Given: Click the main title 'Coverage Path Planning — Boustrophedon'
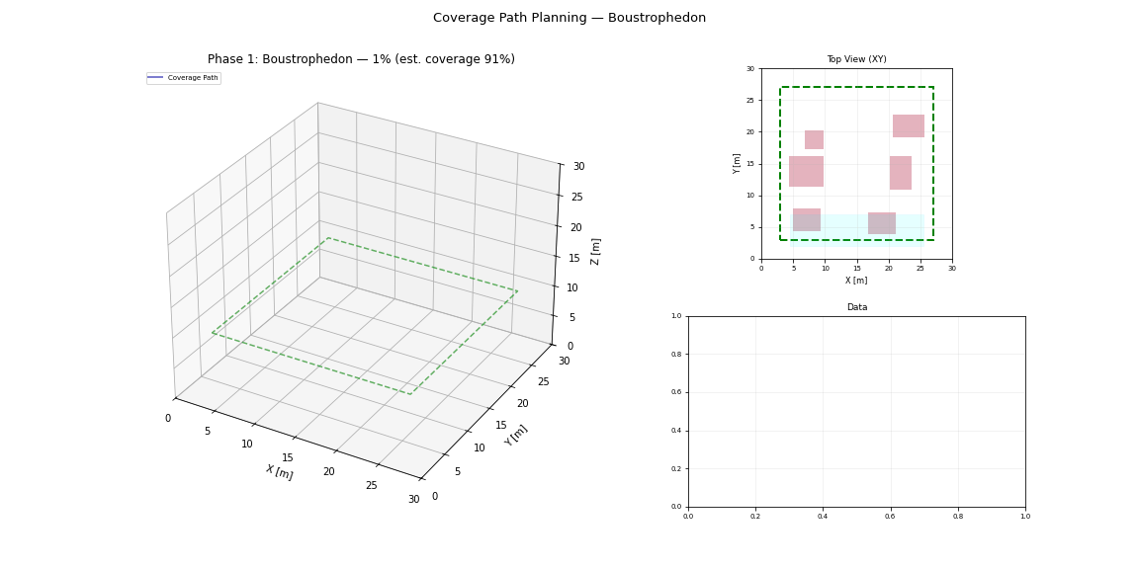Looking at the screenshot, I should pyautogui.click(x=569, y=18).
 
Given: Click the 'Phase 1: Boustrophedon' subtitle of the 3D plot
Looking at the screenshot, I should pyautogui.click(x=361, y=59).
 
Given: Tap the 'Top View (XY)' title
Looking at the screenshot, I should pyautogui.click(x=856, y=59).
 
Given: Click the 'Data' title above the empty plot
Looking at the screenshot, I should pyautogui.click(x=856, y=307).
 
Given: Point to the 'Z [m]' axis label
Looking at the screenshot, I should pyautogui.click(x=595, y=251).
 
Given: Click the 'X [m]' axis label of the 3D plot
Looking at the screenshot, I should pyautogui.click(x=279, y=472).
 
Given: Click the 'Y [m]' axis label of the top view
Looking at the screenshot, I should pyautogui.click(x=738, y=163).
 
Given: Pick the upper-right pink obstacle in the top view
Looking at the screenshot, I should pyautogui.click(x=908, y=125).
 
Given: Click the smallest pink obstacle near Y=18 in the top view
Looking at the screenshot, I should pyautogui.click(x=814, y=139).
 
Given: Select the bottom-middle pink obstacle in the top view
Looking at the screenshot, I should pyautogui.click(x=881, y=223).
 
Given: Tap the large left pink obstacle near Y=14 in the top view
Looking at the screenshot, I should pyautogui.click(x=806, y=171).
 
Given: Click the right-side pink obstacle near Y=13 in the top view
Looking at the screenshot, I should pyautogui.click(x=900, y=172).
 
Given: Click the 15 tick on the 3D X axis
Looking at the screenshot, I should pyautogui.click(x=287, y=457).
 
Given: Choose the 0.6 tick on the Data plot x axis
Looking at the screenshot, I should pyautogui.click(x=890, y=516).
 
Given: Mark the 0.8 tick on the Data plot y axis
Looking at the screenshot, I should pyautogui.click(x=676, y=355).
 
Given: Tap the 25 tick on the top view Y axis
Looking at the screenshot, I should pyautogui.click(x=751, y=101).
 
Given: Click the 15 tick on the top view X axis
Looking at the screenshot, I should pyautogui.click(x=856, y=268).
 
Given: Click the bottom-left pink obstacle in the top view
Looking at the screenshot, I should pyautogui.click(x=806, y=219).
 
